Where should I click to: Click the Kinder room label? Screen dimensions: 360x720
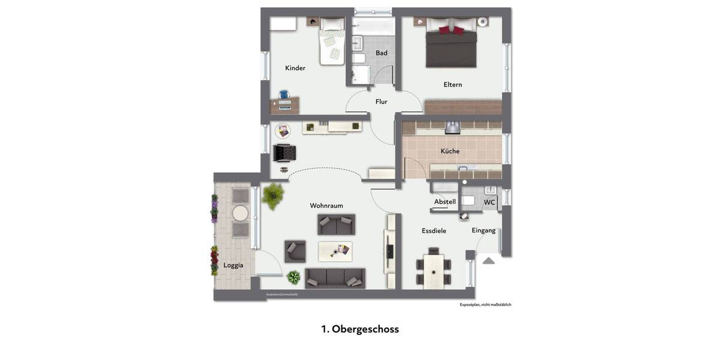[295, 68]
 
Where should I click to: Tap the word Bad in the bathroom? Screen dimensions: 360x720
[382, 53]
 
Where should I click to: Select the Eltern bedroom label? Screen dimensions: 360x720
[452, 85]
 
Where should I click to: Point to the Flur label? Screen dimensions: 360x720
[381, 102]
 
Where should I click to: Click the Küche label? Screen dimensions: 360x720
[450, 151]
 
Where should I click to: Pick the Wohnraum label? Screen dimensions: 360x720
[326, 206]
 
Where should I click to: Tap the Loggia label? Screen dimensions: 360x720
[233, 265]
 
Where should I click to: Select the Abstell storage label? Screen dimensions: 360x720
[445, 202]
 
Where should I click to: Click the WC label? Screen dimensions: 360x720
[490, 203]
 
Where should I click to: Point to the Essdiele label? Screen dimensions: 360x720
[434, 230]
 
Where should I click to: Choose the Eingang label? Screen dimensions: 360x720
[484, 230]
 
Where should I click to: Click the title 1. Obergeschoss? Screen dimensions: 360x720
[360, 329]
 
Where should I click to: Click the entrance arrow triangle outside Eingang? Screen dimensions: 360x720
[488, 260]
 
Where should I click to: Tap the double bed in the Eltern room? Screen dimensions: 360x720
[451, 46]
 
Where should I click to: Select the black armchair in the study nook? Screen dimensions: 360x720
[284, 154]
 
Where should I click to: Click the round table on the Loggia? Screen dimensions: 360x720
[241, 214]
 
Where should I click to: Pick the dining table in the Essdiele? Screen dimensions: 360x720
[434, 270]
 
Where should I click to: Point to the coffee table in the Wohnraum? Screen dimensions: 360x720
[335, 250]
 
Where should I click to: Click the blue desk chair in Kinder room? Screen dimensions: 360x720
[284, 94]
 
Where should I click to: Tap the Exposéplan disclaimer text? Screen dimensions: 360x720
[485, 305]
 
